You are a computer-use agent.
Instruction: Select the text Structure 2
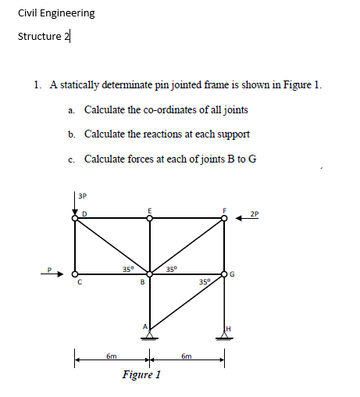pos(43,37)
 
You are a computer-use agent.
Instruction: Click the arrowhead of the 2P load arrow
pos(238,220)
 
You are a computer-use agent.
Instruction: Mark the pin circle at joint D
pos(76,220)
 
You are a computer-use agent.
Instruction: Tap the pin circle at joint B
pos(151,274)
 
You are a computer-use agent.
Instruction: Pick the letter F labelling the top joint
pos(224,209)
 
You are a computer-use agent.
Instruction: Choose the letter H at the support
pos(229,327)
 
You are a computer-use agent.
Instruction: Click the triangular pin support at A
pos(151,333)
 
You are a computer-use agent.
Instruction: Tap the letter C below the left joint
pos(77,284)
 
